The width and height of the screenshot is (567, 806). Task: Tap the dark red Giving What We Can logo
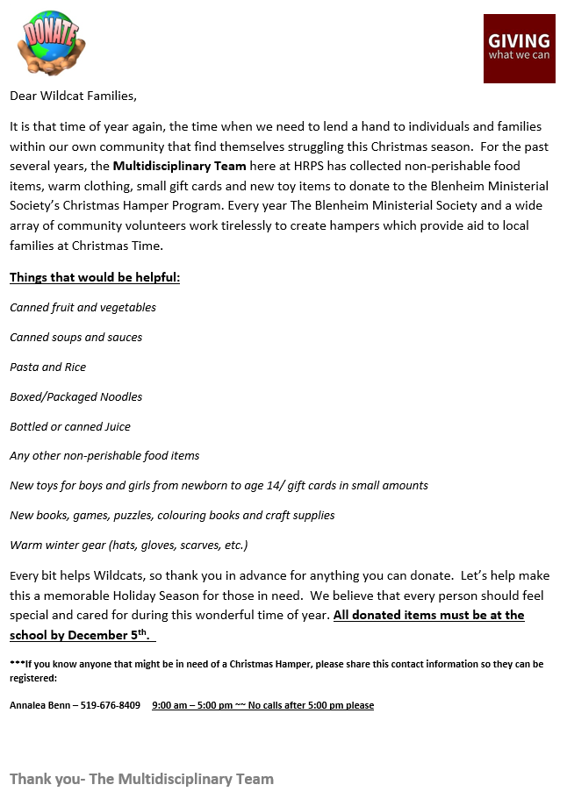pos(519,48)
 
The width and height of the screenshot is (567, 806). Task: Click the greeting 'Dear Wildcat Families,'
pos(74,95)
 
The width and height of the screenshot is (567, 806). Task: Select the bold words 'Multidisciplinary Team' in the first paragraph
pos(179,166)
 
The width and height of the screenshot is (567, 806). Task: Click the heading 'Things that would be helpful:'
pos(95,278)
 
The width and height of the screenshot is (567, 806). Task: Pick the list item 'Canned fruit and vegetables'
pos(83,308)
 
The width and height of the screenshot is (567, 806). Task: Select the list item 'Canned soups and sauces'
pos(75,338)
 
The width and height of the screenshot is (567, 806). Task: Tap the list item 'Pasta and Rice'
pos(47,367)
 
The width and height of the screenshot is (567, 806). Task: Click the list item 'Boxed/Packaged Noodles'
pos(75,397)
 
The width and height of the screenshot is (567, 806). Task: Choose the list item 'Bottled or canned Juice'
pos(70,427)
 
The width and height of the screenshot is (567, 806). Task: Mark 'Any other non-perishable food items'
pos(104,456)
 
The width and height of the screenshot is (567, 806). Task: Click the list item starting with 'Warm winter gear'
pos(128,546)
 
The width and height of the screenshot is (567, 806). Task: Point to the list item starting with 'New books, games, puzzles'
pos(172,516)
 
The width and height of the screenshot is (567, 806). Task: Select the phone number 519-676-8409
pos(111,705)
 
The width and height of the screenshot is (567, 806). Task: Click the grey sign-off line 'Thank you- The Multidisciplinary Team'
pos(141,779)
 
